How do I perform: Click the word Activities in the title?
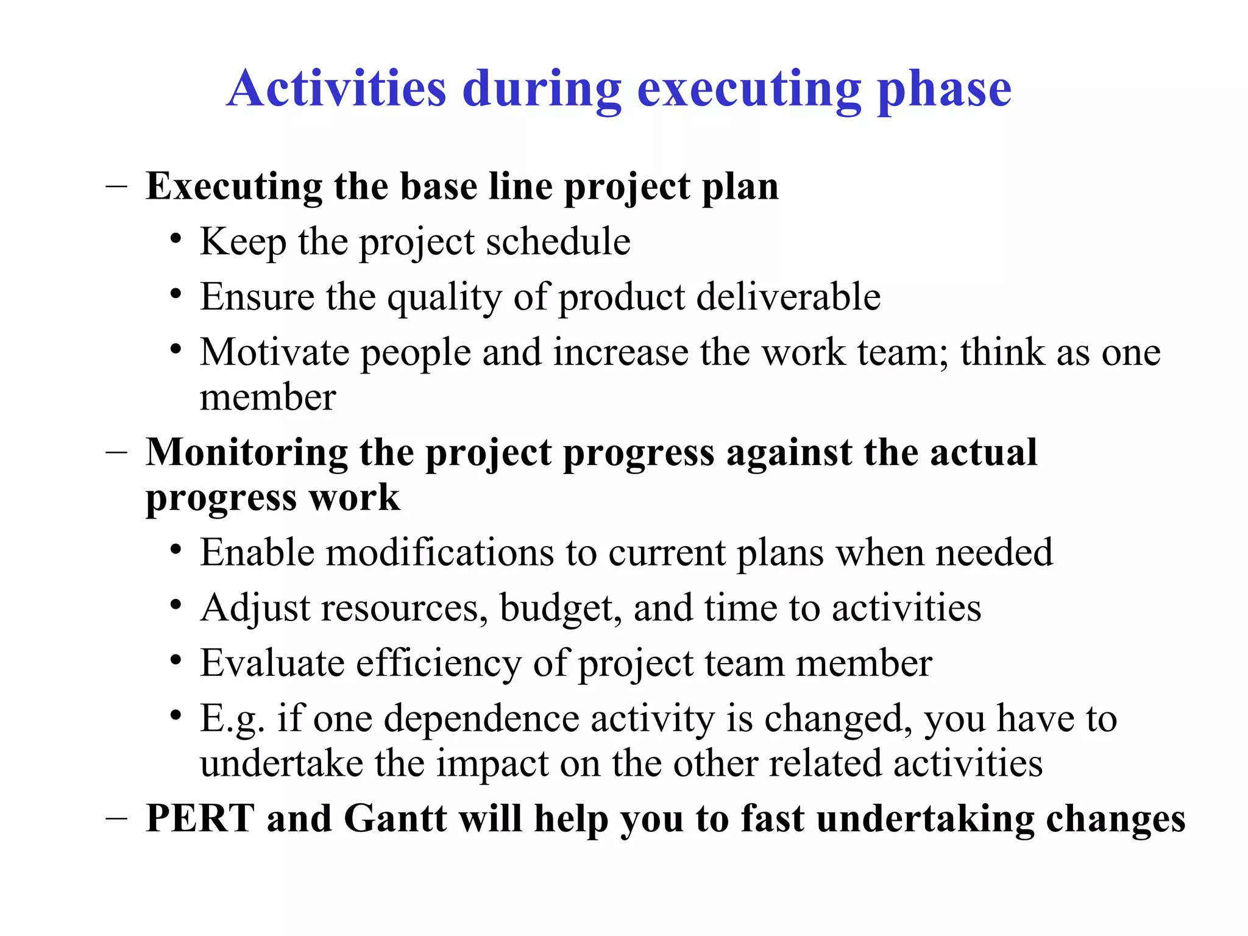pos(337,89)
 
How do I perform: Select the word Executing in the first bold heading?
pos(234,186)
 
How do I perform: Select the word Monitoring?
pos(246,453)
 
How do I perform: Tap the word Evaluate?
pos(272,663)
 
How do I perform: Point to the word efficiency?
pos(439,664)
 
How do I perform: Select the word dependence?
pos(481,719)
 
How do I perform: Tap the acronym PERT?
pos(200,818)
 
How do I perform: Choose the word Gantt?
pos(395,818)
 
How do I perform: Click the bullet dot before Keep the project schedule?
pos(175,239)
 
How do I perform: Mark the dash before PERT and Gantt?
pos(116,818)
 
